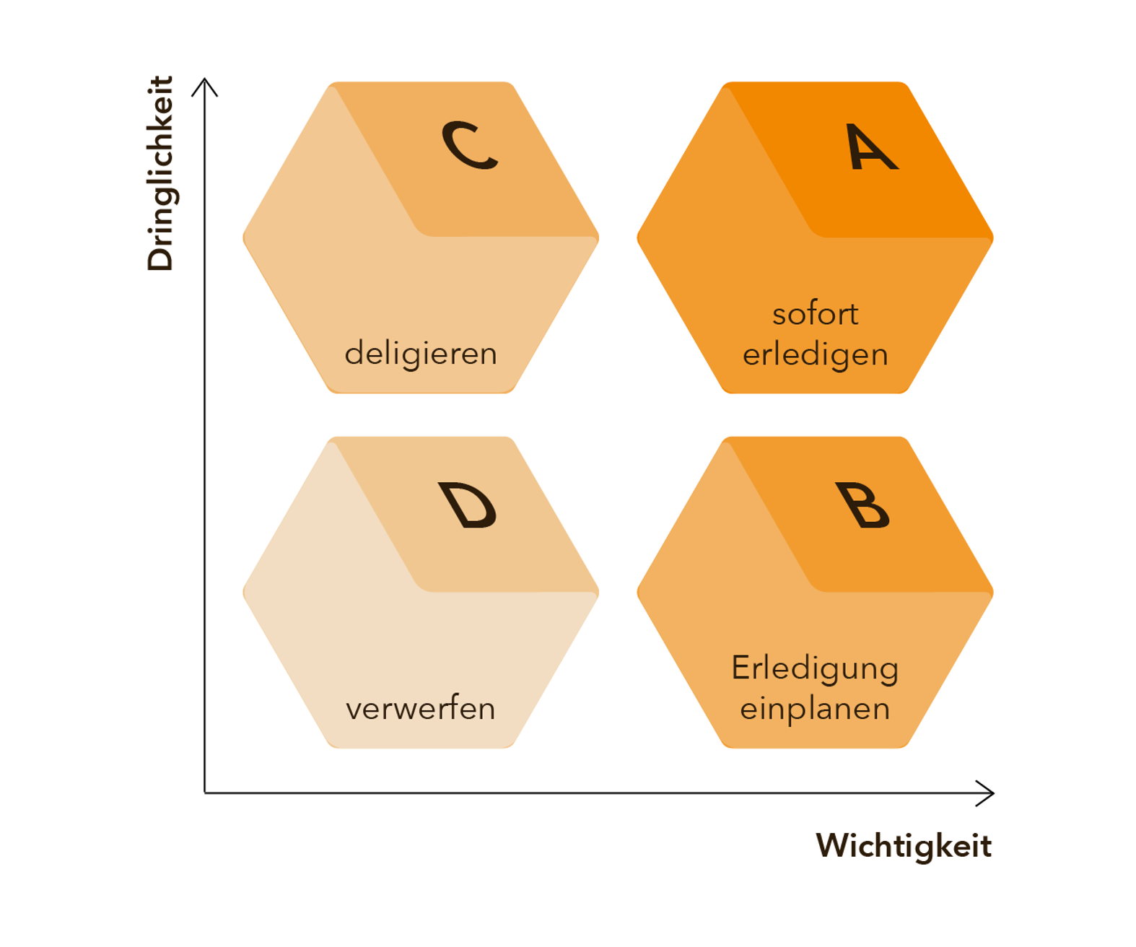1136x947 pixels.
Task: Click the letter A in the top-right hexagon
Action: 871,147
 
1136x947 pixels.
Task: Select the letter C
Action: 470,145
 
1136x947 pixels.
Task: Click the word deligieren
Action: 421,354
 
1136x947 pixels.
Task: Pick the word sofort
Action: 815,314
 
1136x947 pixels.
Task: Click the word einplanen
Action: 815,709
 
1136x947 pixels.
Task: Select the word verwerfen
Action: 421,709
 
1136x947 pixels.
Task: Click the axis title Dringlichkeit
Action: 160,173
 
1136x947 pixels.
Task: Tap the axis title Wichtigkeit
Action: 904,845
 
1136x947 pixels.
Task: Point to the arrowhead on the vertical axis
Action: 205,82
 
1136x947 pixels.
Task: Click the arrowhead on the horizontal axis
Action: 989,793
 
